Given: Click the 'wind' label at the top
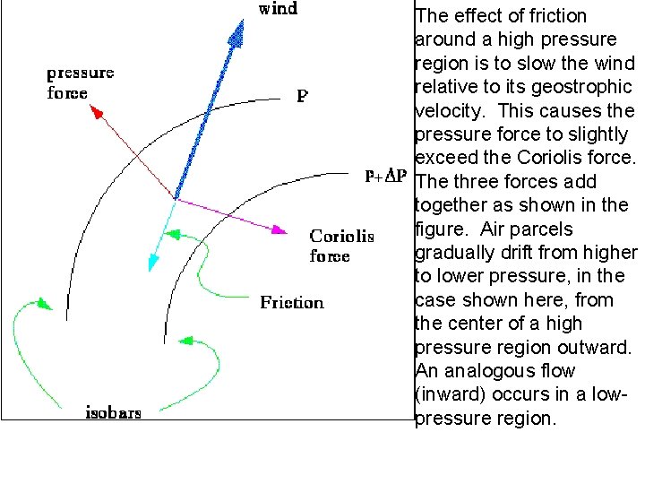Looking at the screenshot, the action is point(279,10).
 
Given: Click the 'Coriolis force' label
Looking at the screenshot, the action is point(341,246).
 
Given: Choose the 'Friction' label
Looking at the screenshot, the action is point(292,303).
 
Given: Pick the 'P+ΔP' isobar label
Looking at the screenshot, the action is point(386,177).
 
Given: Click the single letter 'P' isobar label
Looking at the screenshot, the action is point(303,95).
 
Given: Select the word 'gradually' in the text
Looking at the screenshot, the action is point(456,253).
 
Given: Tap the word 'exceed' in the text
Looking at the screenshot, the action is point(447,159).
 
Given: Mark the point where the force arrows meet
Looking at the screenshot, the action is point(174,198).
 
